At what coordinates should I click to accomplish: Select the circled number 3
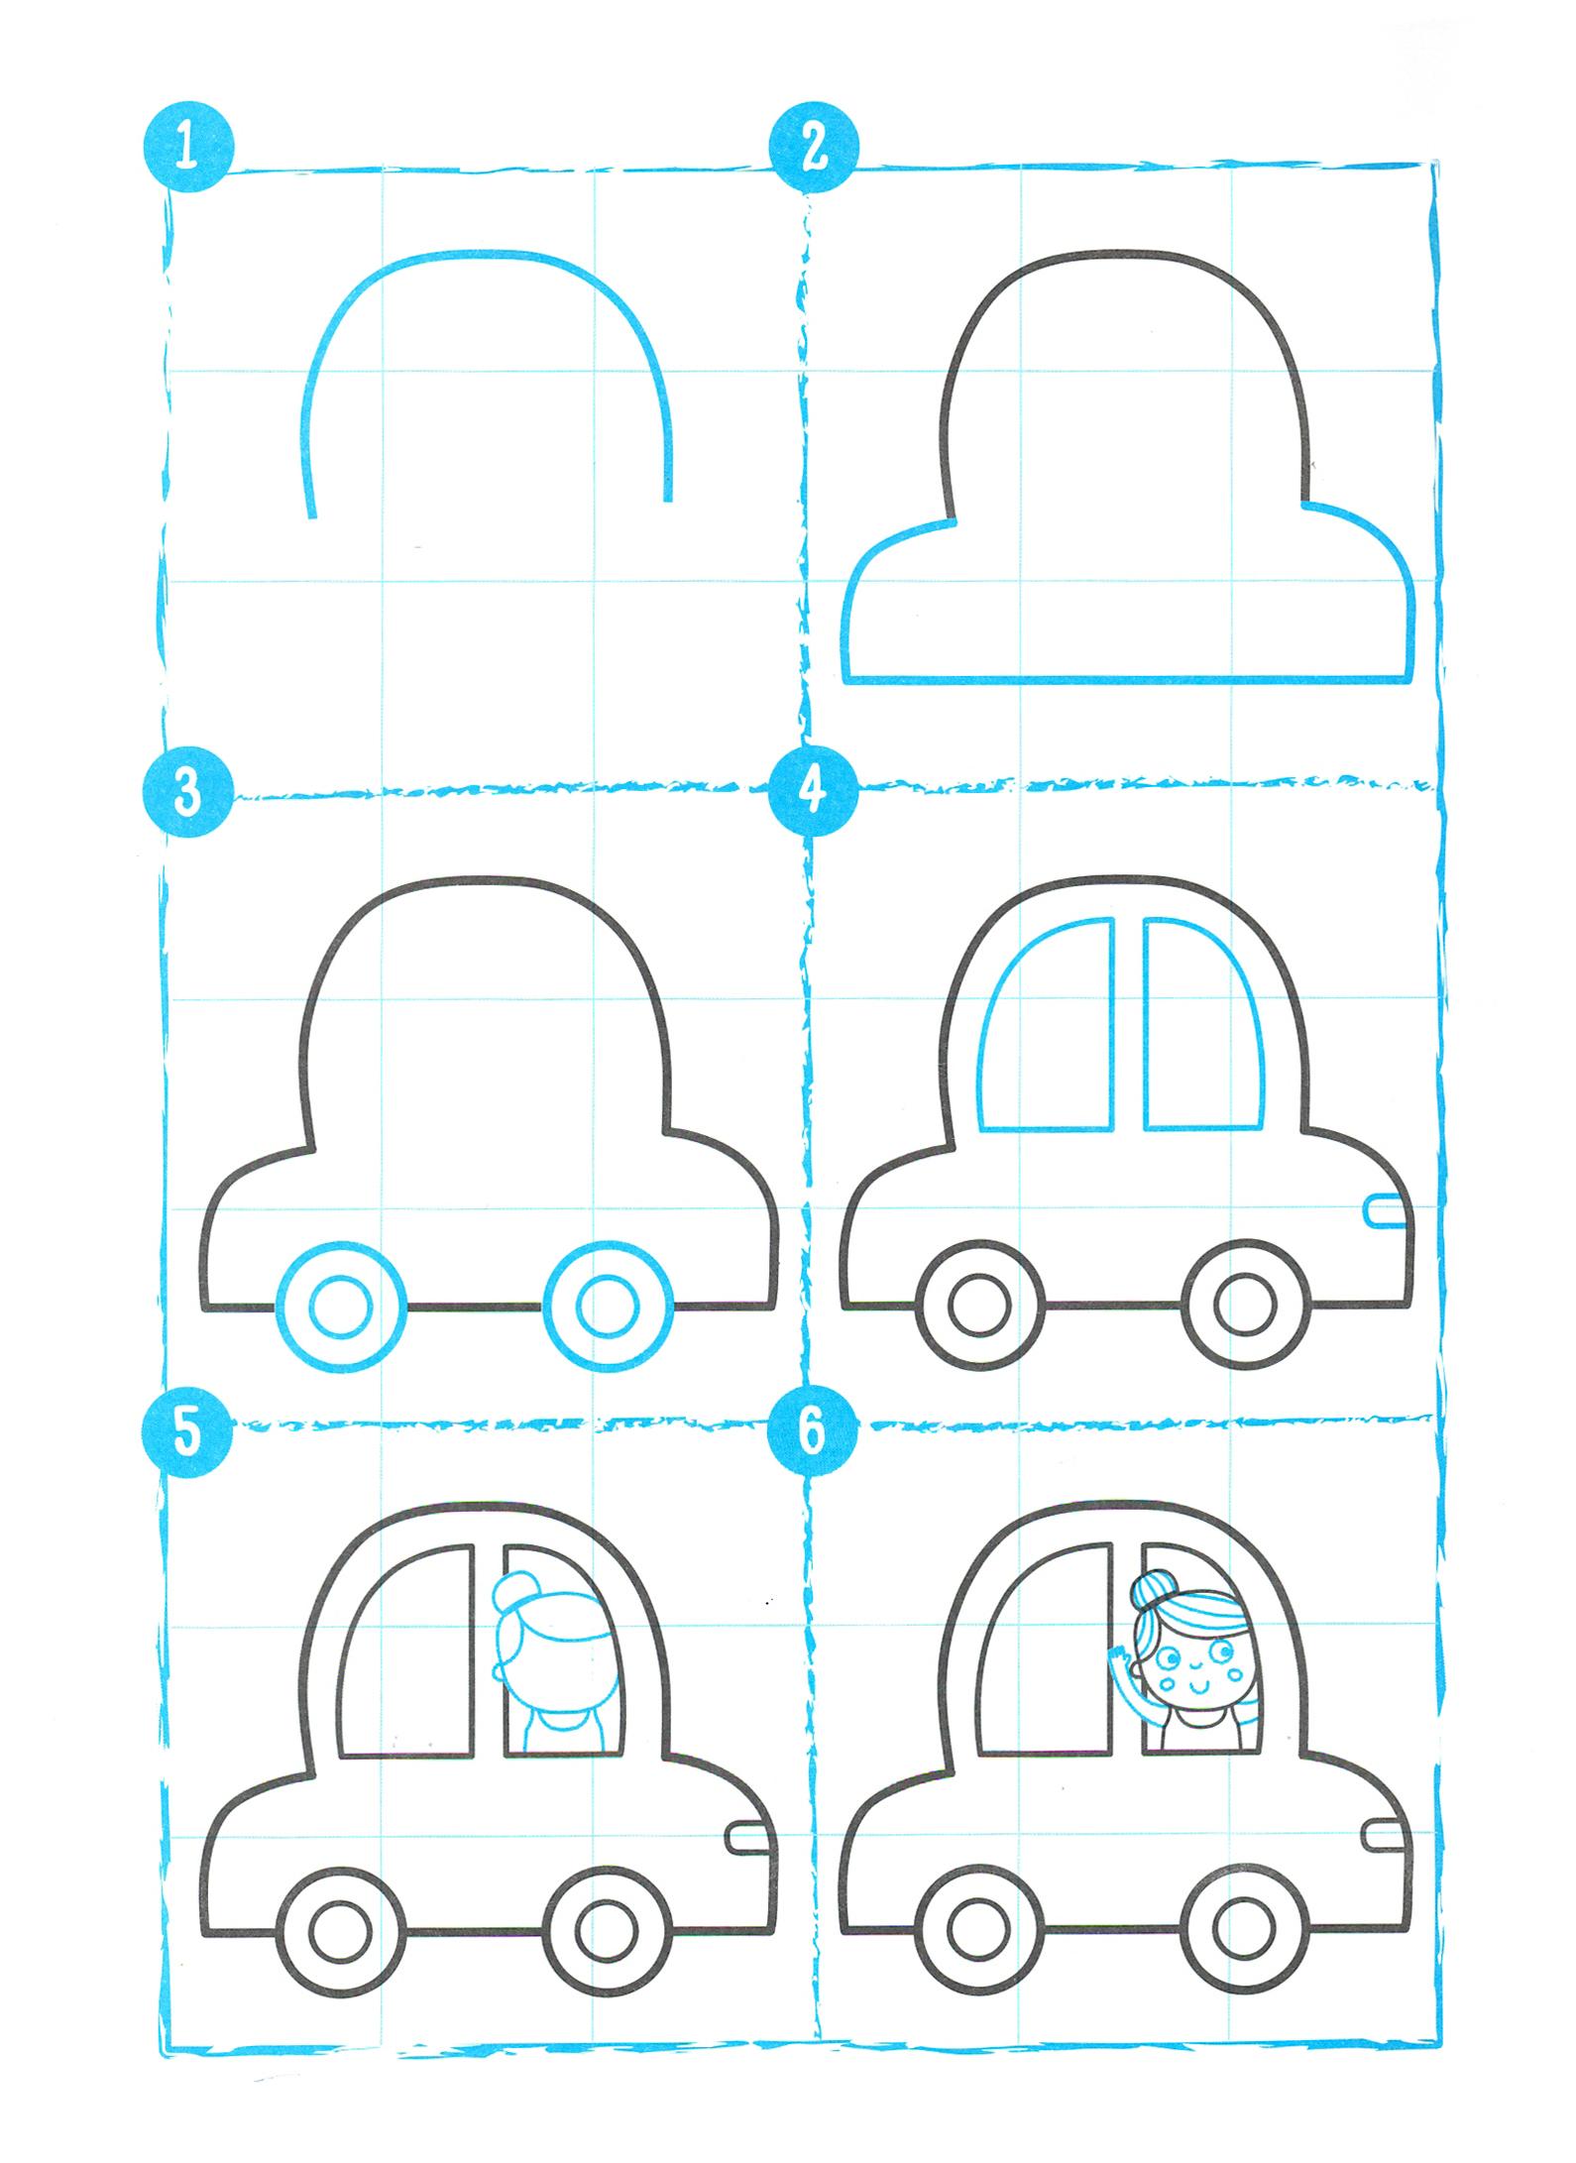coord(188,794)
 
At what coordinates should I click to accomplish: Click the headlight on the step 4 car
coord(1386,1210)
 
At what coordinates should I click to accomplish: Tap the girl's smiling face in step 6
coord(1195,1665)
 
